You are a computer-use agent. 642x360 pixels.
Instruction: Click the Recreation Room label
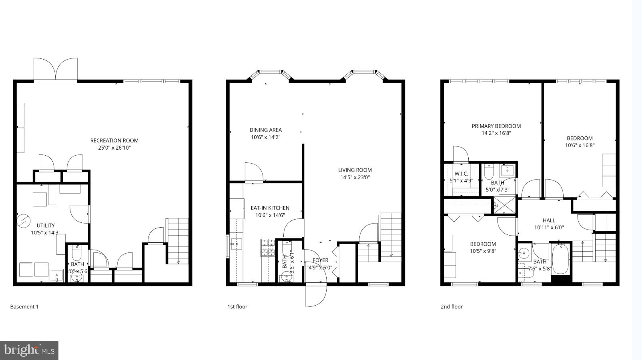[x=114, y=140]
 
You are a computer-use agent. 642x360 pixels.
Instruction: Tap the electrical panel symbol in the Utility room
[x=24, y=220]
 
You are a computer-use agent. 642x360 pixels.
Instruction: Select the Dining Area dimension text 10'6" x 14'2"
[x=265, y=137]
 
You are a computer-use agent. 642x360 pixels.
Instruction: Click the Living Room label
[x=355, y=170]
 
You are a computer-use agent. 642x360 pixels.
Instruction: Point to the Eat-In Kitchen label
[x=270, y=208]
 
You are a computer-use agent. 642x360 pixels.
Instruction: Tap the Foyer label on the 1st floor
[x=320, y=260]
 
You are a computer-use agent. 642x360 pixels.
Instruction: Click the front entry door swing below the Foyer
[x=316, y=295]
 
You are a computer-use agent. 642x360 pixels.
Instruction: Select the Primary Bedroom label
[x=496, y=126]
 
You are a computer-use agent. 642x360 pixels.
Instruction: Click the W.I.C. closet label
[x=461, y=174]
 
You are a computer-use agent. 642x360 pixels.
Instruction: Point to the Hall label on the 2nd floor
[x=549, y=220]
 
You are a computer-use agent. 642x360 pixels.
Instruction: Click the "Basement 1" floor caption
[x=24, y=307]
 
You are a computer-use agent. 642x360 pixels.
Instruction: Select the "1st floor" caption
[x=237, y=307]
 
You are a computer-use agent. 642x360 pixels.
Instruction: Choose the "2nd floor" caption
[x=451, y=307]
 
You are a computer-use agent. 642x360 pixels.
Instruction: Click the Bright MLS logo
[x=29, y=350]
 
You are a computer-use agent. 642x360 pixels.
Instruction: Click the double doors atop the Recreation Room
[x=56, y=70]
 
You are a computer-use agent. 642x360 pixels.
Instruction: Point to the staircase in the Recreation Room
[x=177, y=241]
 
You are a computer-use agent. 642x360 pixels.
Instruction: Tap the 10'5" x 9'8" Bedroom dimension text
[x=483, y=251]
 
